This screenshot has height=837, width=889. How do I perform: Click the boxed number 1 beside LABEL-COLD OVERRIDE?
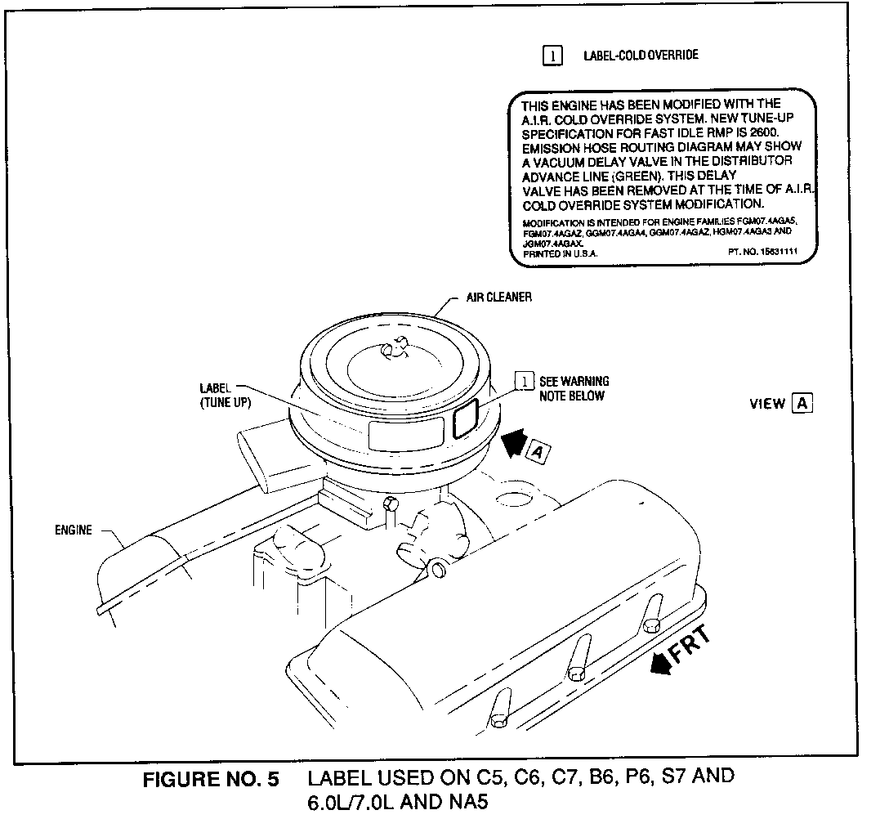pos(552,56)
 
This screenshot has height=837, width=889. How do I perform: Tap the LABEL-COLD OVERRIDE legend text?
pos(640,56)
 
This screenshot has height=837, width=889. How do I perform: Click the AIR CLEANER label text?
pos(498,297)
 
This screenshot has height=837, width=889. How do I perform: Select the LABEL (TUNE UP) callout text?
pos(225,396)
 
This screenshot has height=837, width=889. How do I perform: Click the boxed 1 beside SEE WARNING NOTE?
pos(523,382)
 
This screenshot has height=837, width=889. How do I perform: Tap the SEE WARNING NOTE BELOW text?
pos(574,388)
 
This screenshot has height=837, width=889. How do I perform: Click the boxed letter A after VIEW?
pos(802,403)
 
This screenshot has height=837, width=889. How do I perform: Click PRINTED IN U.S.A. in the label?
pos(560,253)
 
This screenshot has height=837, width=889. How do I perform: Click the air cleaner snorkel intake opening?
pos(254,459)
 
